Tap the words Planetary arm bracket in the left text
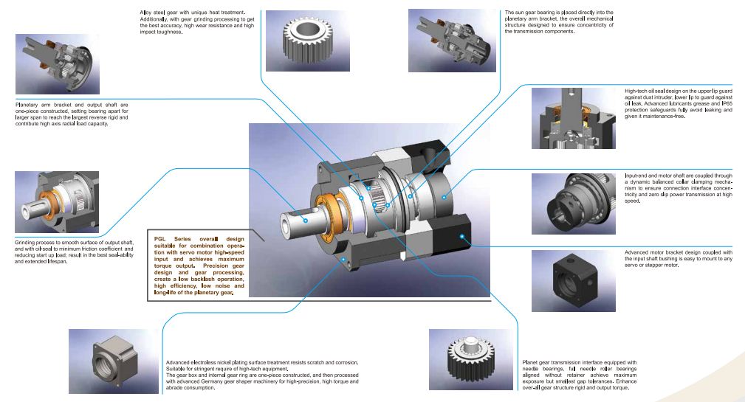pos(44,104)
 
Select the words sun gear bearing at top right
pos(536,13)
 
